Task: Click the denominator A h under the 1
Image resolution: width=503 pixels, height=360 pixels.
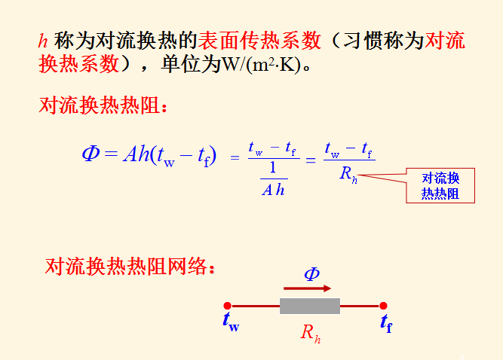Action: (x=272, y=190)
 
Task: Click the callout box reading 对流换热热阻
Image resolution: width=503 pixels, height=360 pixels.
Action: (x=440, y=185)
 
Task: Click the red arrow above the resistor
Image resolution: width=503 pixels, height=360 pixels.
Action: (x=307, y=288)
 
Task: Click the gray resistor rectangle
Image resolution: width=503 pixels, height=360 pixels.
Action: (x=309, y=306)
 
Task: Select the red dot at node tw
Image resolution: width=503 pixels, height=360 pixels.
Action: (x=227, y=306)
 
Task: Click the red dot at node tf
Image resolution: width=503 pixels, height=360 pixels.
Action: (x=383, y=306)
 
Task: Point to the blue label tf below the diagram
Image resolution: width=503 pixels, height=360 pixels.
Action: (x=386, y=323)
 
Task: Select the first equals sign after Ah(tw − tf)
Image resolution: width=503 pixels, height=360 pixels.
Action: (x=234, y=158)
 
